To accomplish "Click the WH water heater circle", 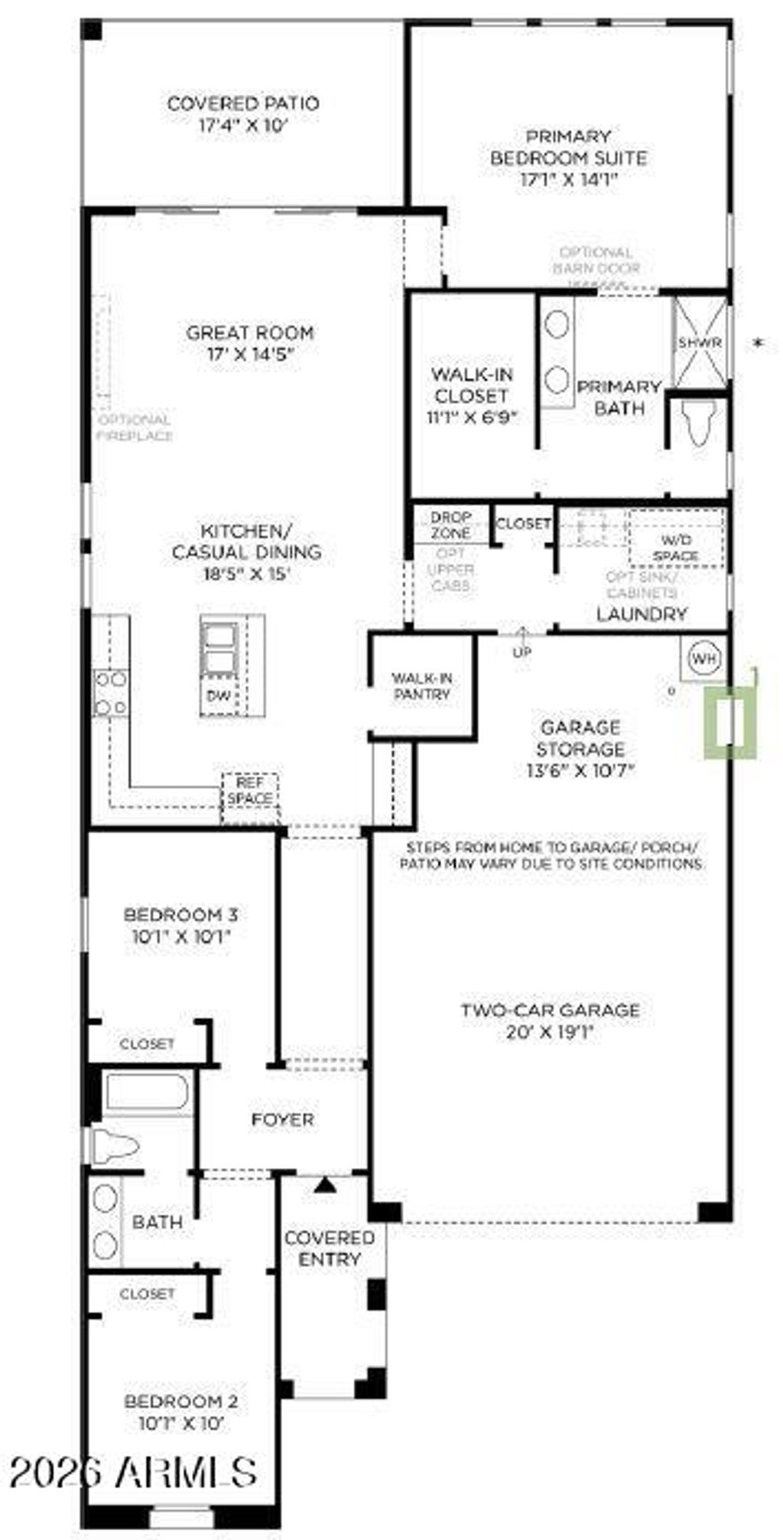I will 703,657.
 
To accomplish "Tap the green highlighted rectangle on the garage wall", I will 731,722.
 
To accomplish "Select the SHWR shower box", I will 699,342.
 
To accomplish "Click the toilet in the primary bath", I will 700,423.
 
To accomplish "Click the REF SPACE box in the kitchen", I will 249,792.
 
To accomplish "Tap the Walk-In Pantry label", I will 421,685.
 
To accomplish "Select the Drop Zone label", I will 450,525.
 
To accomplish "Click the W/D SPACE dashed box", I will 676,539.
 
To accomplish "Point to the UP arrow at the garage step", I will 522,642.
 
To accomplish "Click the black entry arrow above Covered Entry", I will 326,1185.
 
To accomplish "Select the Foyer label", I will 282,1119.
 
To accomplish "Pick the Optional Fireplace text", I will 135,428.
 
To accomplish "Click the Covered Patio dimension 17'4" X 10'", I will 242,125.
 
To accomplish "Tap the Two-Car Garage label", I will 550,1010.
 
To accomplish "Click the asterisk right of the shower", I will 759,343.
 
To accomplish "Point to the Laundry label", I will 642,614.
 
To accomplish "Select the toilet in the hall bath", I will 115,1146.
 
